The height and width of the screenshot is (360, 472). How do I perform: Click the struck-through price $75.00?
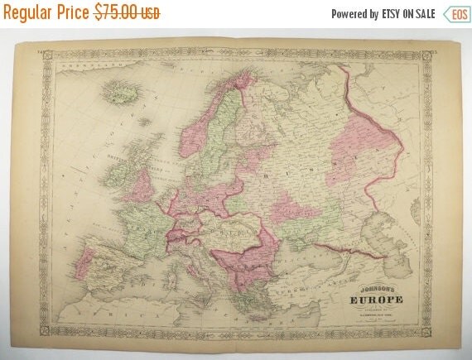127,13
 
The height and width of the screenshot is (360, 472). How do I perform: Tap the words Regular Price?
48,13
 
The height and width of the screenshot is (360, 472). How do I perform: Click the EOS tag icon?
455,14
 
